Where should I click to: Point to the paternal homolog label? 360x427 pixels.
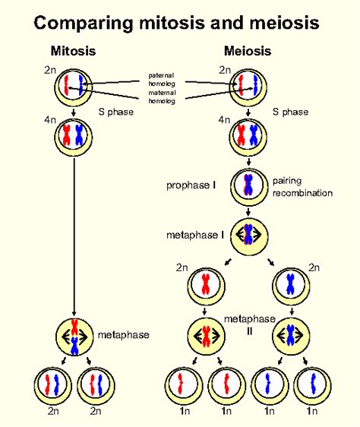tap(162, 79)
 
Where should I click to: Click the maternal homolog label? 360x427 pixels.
tap(162, 96)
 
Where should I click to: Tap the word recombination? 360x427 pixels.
tap(303, 193)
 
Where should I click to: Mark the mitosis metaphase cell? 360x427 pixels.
tap(74, 335)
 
